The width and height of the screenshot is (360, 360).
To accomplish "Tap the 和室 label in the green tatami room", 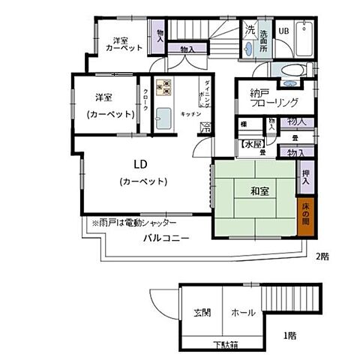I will pyautogui.click(x=261, y=191).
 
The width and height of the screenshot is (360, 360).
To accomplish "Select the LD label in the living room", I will pyautogui.click(x=141, y=165).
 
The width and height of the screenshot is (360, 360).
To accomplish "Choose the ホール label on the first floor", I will pyautogui.click(x=243, y=312).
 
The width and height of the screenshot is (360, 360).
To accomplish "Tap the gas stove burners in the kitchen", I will pyautogui.click(x=163, y=88).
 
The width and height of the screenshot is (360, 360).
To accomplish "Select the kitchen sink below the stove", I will pyautogui.click(x=163, y=117).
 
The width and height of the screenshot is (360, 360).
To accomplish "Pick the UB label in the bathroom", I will pyautogui.click(x=284, y=31).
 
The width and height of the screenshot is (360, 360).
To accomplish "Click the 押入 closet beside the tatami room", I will pyautogui.click(x=306, y=177).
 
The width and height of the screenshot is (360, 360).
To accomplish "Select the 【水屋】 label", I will pyautogui.click(x=250, y=143).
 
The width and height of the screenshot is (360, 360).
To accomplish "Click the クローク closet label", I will pyautogui.click(x=145, y=103).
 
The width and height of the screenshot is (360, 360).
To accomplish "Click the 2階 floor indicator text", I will pyautogui.click(x=322, y=256).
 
